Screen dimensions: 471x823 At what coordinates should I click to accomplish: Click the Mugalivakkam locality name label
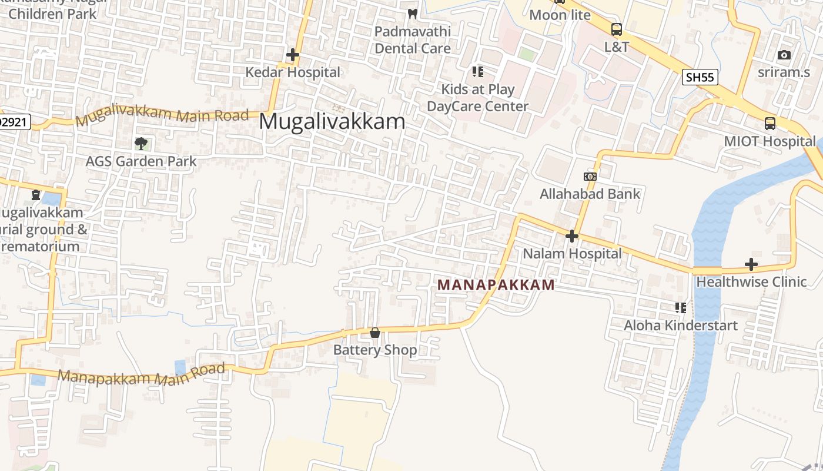(x=332, y=122)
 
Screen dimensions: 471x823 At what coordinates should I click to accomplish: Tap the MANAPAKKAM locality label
(x=496, y=285)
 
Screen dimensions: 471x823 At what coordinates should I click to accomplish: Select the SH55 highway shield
(x=700, y=77)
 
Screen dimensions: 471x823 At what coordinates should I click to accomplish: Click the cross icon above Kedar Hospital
(x=292, y=55)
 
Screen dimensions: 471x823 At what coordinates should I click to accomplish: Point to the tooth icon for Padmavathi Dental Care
(x=413, y=14)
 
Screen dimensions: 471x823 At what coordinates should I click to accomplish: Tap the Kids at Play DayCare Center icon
(x=478, y=72)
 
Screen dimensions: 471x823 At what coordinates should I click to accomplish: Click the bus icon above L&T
(x=617, y=29)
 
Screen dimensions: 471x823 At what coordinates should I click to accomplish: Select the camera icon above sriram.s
(x=784, y=55)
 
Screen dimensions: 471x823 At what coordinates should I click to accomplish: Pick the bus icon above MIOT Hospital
(x=770, y=124)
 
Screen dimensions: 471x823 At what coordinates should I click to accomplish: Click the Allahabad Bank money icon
(x=590, y=177)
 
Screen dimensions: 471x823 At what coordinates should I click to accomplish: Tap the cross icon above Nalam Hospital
(x=571, y=236)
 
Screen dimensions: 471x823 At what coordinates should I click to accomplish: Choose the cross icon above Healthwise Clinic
(x=751, y=264)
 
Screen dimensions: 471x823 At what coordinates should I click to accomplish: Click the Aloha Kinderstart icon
(x=681, y=307)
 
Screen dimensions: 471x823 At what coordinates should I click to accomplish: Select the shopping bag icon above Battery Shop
(x=375, y=333)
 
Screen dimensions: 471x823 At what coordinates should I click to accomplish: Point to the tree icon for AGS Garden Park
(x=141, y=143)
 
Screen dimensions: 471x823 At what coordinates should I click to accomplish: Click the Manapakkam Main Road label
(x=141, y=374)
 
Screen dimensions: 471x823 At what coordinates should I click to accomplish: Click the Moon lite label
(x=560, y=15)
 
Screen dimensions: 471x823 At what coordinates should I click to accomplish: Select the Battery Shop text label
(x=375, y=350)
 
